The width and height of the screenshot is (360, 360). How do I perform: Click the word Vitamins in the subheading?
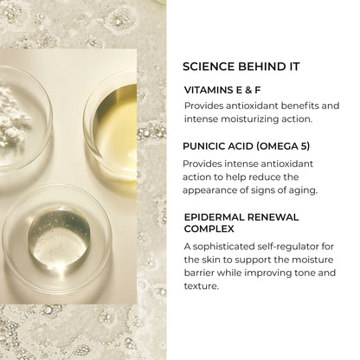211,87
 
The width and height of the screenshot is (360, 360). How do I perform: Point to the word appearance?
217,190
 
